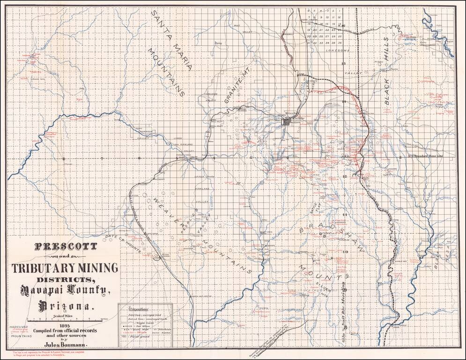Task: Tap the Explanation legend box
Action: coord(145,325)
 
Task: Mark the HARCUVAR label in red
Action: coord(18,328)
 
